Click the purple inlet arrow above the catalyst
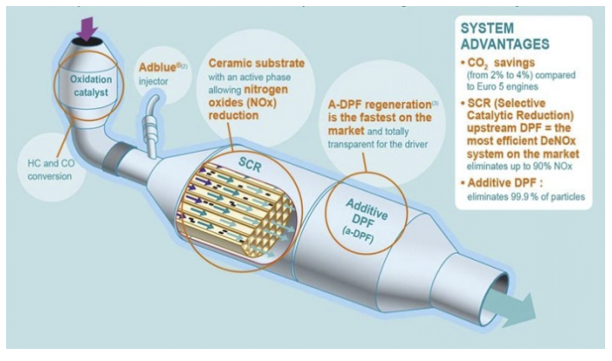87,28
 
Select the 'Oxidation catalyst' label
91,86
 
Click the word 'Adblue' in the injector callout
158,67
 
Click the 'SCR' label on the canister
249,164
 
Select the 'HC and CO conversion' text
50,169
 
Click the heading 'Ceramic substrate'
256,63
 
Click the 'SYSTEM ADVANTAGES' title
505,36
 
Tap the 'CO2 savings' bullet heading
501,63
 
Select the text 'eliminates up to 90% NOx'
520,166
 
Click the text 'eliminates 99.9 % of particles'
527,197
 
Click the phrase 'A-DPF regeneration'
380,104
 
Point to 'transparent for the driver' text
378,144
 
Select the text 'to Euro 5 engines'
502,86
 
